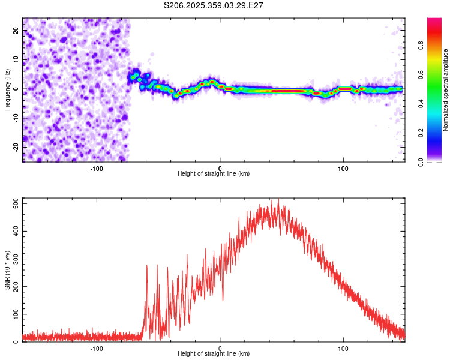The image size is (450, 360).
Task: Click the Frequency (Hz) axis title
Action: pos(7,89)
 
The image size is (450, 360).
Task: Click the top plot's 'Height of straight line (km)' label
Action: pos(214,173)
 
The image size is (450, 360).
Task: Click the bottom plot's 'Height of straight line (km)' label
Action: pos(214,353)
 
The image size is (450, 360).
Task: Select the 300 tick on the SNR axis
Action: pos(14,259)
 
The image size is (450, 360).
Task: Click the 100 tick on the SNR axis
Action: pos(14,314)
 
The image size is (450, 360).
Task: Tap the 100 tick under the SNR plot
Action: pos(343,348)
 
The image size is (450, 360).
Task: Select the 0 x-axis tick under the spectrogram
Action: pos(220,168)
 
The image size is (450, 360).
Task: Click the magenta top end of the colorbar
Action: pos(434,20)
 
